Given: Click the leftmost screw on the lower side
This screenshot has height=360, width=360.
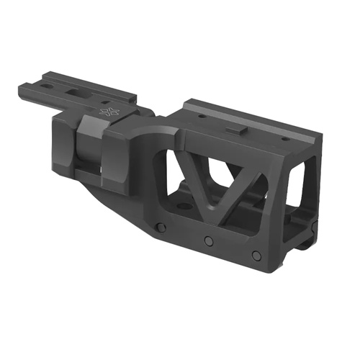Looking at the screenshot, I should tap(161, 227).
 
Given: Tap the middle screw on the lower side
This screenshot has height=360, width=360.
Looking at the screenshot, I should tap(207, 241).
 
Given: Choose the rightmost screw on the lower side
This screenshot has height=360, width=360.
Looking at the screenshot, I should tap(256, 255).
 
